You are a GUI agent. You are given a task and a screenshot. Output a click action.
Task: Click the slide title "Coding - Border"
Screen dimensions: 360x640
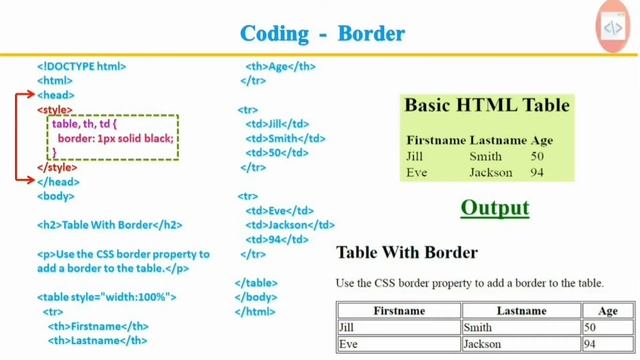[322, 33]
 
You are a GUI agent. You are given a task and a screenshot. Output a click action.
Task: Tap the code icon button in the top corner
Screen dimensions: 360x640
[611, 28]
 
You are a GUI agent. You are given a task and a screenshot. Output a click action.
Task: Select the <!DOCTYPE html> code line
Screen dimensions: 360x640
[82, 66]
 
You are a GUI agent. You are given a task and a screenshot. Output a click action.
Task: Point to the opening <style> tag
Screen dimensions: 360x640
[55, 109]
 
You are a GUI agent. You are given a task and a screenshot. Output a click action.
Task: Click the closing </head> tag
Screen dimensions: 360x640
[57, 182]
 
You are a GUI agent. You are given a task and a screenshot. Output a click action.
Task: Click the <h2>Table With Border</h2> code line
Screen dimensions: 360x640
[110, 226]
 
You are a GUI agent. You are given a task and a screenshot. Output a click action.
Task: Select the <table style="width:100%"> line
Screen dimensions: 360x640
[107, 297]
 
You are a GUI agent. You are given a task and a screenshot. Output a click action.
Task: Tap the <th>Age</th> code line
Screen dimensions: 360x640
[281, 66]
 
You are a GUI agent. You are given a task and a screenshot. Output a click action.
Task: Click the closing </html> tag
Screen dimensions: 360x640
[254, 312]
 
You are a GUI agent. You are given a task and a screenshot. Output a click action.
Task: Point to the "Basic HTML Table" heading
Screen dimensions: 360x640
[486, 105]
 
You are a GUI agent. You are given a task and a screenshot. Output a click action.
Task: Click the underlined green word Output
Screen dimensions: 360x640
[494, 209]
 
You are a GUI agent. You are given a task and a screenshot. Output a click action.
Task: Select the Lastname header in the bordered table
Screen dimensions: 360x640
[521, 311]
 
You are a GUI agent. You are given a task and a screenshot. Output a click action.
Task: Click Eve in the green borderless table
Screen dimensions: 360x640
[417, 173]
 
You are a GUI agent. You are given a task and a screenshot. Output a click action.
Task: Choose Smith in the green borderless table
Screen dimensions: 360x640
[486, 157]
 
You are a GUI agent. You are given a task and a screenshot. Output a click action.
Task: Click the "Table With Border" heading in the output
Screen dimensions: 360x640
[407, 252]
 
